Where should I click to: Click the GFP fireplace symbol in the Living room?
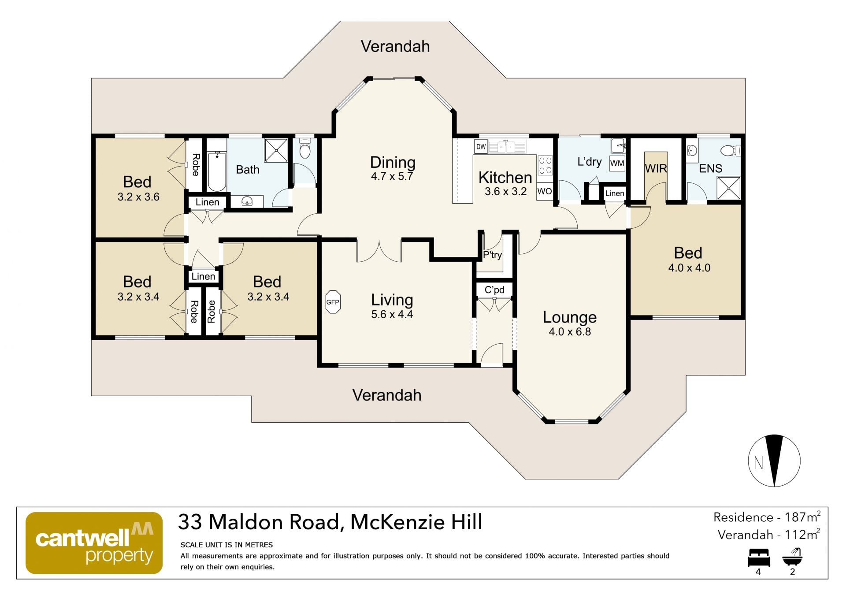[333, 302]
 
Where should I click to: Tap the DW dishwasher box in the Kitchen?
[481, 147]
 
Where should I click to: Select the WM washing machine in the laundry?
[617, 163]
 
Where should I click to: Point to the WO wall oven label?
[544, 191]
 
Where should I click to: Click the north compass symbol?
[774, 461]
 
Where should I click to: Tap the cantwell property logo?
[94, 543]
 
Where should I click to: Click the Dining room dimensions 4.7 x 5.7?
[392, 176]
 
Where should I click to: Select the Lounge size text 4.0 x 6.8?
[570, 331]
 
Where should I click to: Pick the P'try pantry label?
[493, 255]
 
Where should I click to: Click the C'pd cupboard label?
[494, 290]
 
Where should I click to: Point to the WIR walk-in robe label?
[656, 168]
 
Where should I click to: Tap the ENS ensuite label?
[710, 168]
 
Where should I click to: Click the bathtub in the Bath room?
[217, 171]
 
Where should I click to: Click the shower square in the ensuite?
[728, 187]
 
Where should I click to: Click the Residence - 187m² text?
[767, 517]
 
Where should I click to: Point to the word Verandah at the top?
[395, 46]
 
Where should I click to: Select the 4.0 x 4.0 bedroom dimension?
[689, 267]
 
